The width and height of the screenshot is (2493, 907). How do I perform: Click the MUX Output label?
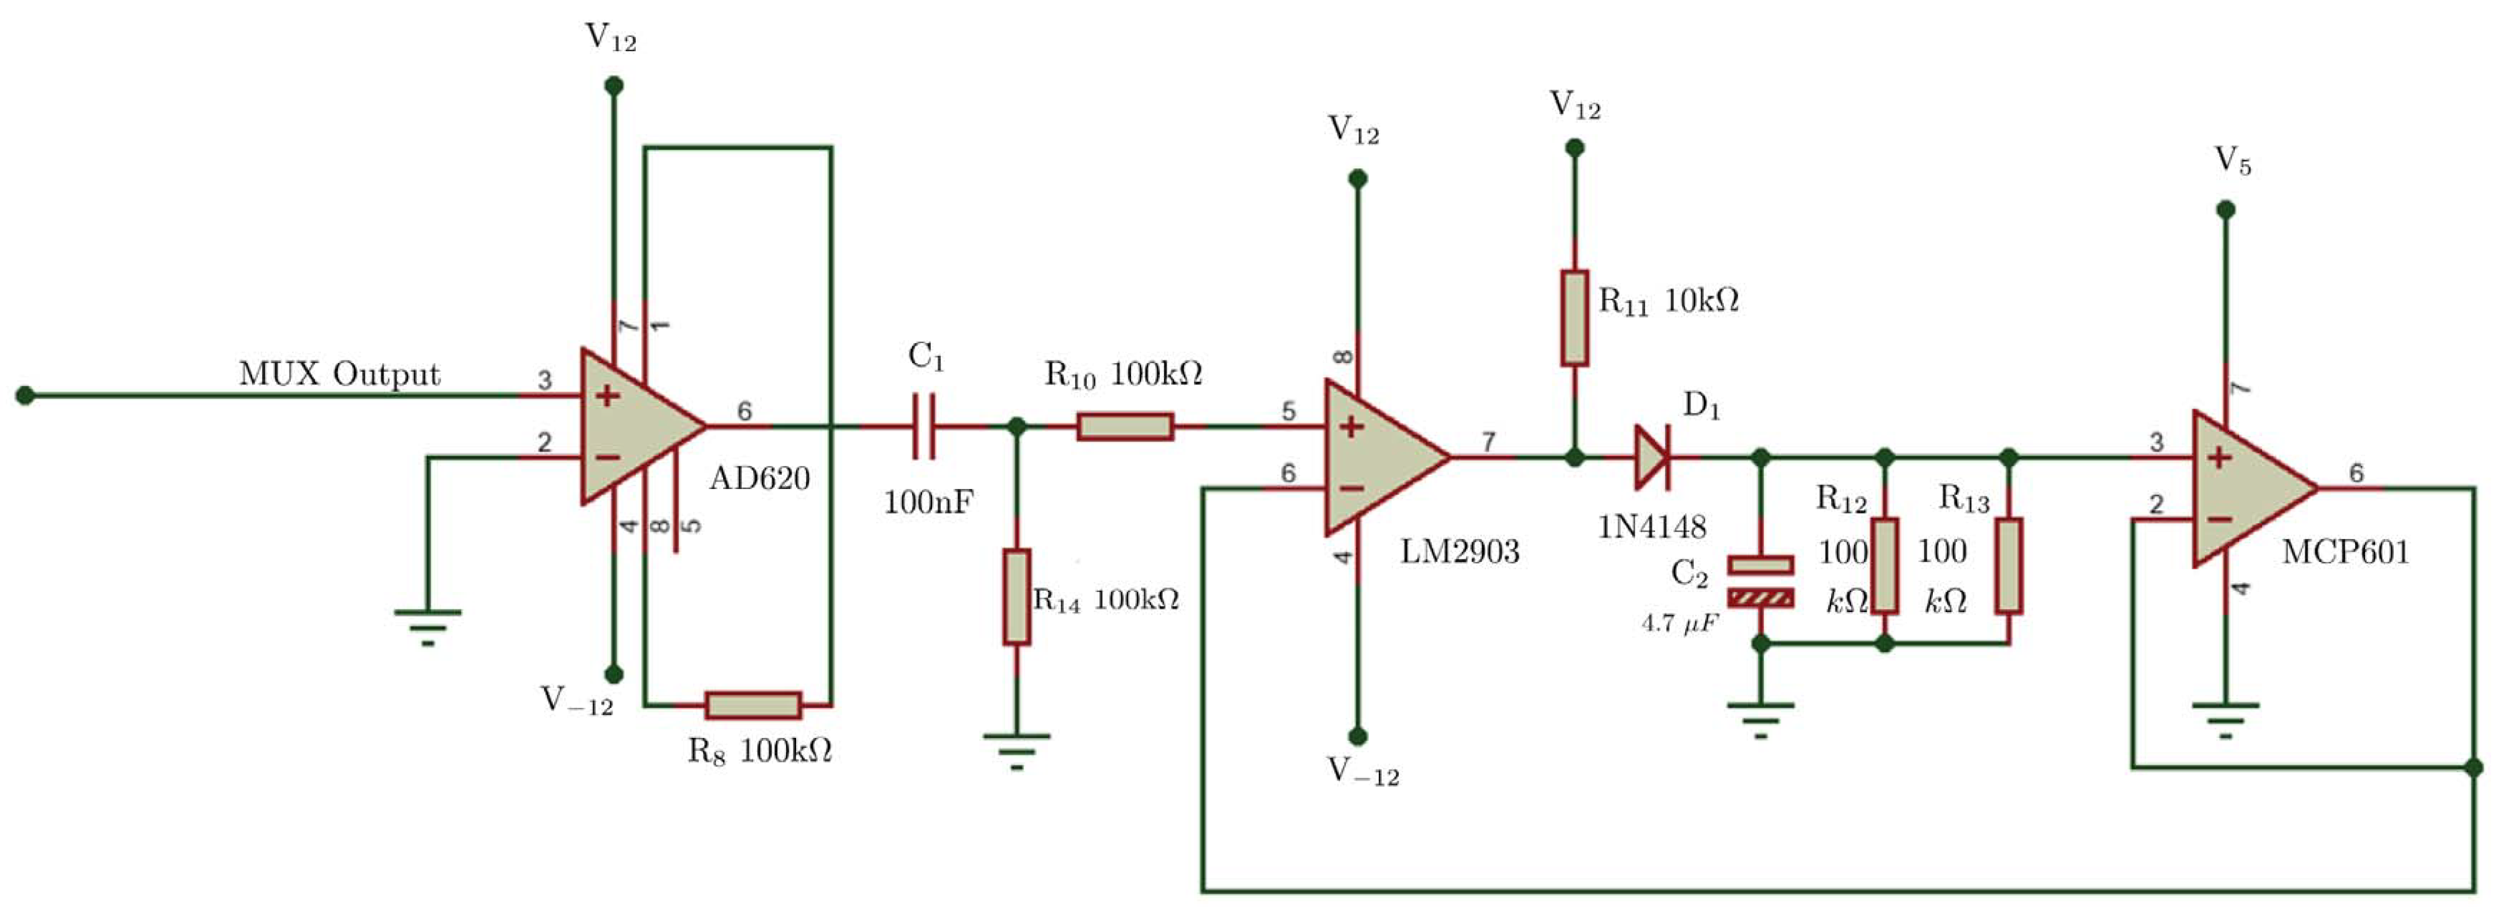(x=339, y=374)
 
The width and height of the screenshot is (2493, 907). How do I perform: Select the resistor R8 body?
(x=753, y=705)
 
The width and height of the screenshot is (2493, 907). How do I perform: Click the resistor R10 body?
(x=1125, y=426)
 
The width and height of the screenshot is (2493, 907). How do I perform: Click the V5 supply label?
(x=2233, y=162)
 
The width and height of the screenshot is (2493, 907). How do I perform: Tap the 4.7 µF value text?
(x=1679, y=623)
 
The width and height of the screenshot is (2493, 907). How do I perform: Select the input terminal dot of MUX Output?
(x=25, y=395)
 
